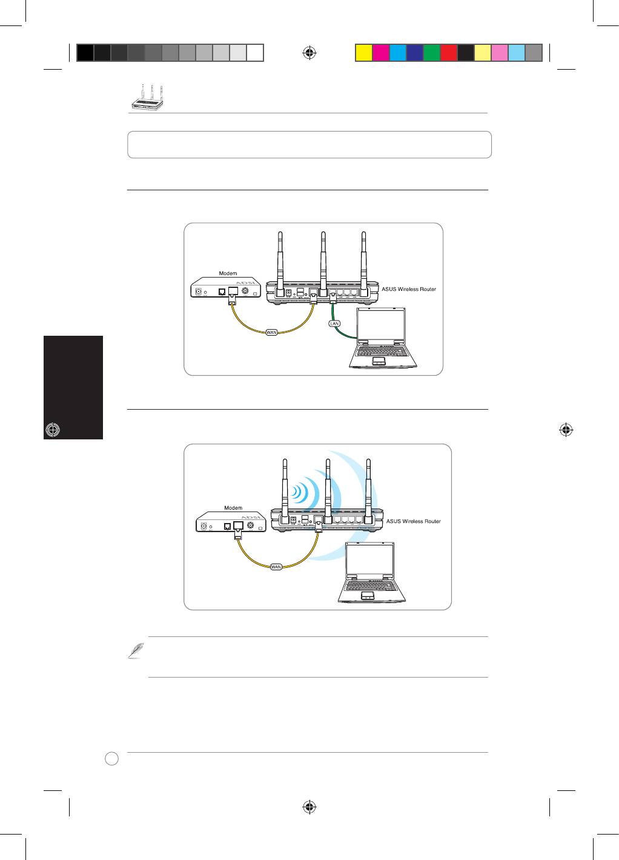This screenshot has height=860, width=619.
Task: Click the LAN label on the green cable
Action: point(334,324)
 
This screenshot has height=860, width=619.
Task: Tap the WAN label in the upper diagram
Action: point(271,332)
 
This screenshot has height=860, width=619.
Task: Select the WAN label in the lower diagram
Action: point(276,567)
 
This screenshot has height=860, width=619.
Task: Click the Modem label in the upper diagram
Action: point(228,273)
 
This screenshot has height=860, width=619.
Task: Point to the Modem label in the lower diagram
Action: point(233,507)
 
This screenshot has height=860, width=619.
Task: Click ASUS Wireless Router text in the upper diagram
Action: point(409,289)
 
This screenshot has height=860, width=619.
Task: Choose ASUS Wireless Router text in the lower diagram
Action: point(413,521)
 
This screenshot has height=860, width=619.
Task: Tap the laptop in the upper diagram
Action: point(383,338)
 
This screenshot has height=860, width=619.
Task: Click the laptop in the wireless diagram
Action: point(371,572)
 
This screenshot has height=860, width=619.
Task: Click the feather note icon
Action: point(136,650)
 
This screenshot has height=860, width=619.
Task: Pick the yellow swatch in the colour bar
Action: point(364,53)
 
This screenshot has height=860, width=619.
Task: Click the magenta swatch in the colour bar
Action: point(381,53)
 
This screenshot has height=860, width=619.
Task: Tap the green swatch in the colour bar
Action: point(432,53)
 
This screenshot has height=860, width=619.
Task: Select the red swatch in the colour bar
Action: point(449,53)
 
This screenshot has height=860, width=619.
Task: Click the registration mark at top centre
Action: point(309,53)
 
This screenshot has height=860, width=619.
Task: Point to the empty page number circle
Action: point(111,758)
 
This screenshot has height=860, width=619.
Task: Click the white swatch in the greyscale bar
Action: point(255,53)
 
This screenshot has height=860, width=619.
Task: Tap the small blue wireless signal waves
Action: point(300,492)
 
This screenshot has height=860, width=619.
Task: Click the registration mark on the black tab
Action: point(53,430)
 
